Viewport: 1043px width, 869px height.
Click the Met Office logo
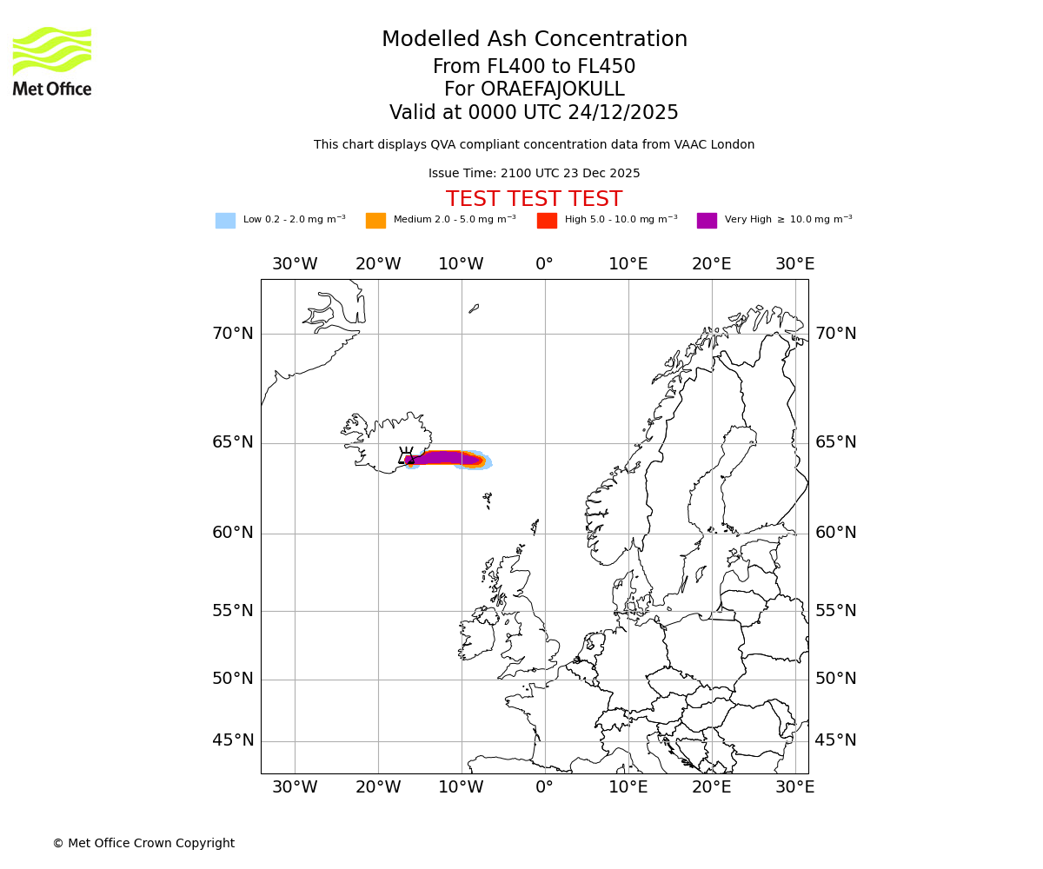coord(52,61)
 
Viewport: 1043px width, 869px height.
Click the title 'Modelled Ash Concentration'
coord(535,40)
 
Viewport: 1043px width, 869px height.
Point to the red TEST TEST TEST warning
coord(534,199)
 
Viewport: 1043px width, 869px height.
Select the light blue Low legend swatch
coord(225,221)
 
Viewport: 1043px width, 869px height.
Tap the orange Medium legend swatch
coord(375,221)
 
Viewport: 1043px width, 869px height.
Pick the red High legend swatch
coord(547,221)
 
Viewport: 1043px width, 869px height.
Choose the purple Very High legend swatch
coord(707,221)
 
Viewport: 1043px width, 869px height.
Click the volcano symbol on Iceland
coord(406,455)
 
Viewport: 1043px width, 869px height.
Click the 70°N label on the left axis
coord(233,334)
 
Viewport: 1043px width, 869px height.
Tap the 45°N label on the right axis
coord(835,740)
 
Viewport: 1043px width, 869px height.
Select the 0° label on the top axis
coord(544,264)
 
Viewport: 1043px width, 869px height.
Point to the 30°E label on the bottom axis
coord(794,787)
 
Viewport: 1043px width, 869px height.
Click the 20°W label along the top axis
coord(378,264)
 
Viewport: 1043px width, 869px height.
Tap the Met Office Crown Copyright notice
coord(143,844)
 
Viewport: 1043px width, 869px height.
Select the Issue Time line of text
coord(534,174)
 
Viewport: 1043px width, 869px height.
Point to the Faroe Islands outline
coord(488,500)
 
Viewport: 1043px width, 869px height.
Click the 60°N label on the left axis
coord(233,533)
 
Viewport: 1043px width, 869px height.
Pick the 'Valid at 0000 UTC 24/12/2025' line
coord(534,113)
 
